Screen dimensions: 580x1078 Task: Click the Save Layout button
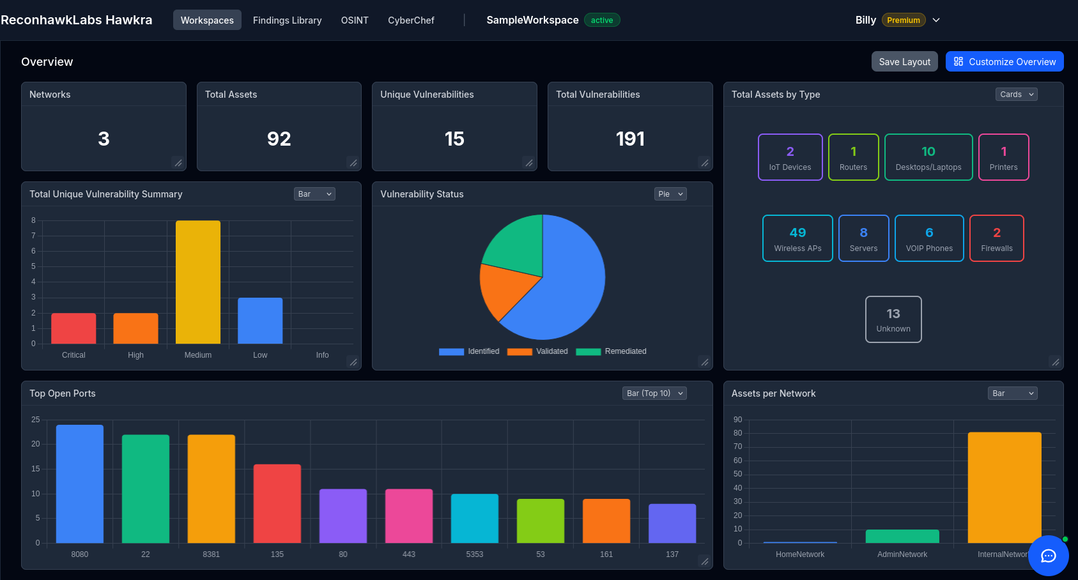[x=904, y=61]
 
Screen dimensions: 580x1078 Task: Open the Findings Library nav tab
[x=287, y=20]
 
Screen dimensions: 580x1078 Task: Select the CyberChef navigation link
[x=411, y=20]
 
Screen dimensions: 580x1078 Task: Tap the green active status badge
[x=601, y=20]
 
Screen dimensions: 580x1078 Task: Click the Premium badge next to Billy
[x=903, y=20]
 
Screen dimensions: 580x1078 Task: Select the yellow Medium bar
[x=198, y=282]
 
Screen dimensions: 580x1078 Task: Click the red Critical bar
[x=73, y=328]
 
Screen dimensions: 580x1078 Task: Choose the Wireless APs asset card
[x=797, y=238]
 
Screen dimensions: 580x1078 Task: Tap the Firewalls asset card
[x=996, y=238]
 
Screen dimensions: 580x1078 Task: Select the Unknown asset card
[x=893, y=319]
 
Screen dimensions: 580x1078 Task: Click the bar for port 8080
[x=80, y=484]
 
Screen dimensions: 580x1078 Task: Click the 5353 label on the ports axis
[x=475, y=554]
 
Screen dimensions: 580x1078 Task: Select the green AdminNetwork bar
[x=902, y=537]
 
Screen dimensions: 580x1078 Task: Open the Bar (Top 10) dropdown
[x=654, y=393]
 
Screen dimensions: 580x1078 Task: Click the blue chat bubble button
[x=1048, y=556]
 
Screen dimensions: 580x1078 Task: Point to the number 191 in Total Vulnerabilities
[x=630, y=139]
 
